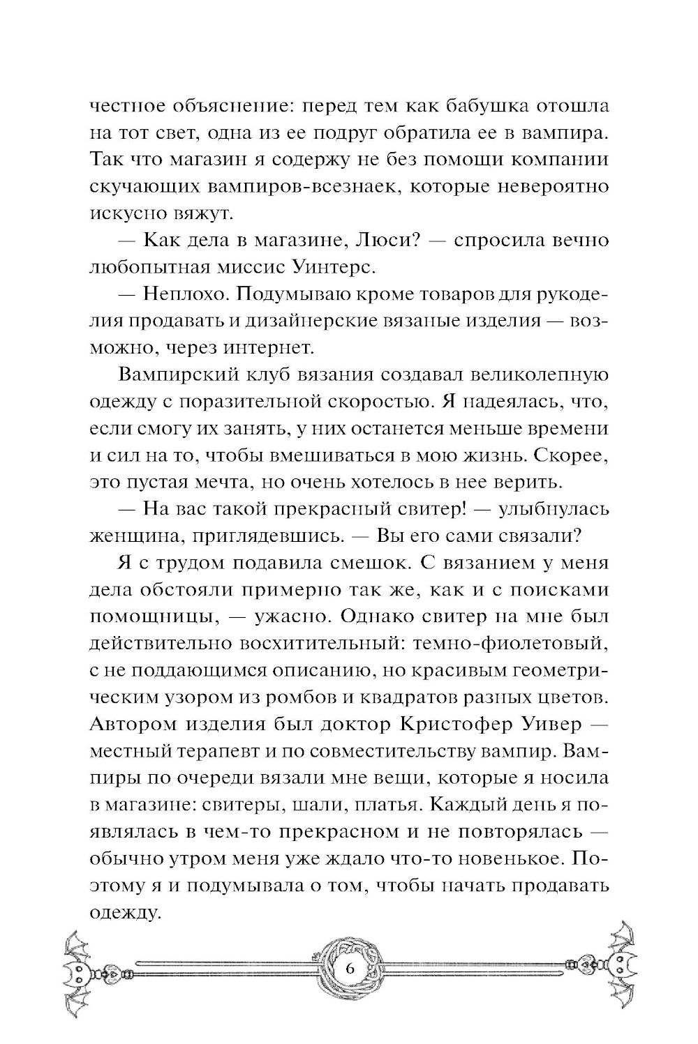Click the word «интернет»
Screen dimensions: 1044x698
coord(272,347)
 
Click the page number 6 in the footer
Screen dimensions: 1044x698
coord(349,970)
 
